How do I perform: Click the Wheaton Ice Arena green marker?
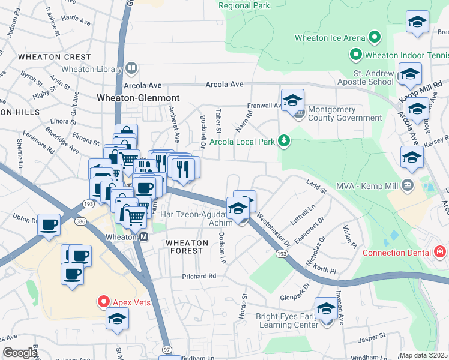pyautogui.click(x=375, y=38)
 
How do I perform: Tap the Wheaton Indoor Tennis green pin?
pyautogui.click(x=355, y=56)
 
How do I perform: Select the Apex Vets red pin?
pyautogui.click(x=103, y=301)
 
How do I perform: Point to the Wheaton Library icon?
pyautogui.click(x=130, y=69)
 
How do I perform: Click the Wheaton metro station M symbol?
pyautogui.click(x=144, y=237)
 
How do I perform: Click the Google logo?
pyautogui.click(x=20, y=353)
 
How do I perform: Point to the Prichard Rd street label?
pyautogui.click(x=199, y=276)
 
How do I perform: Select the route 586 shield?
pyautogui.click(x=79, y=221)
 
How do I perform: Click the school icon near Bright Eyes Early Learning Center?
pyautogui.click(x=326, y=310)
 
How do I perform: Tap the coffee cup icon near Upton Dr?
pyautogui.click(x=49, y=226)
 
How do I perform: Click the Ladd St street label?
pyautogui.click(x=315, y=190)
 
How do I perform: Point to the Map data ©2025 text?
pyautogui.click(x=423, y=355)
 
